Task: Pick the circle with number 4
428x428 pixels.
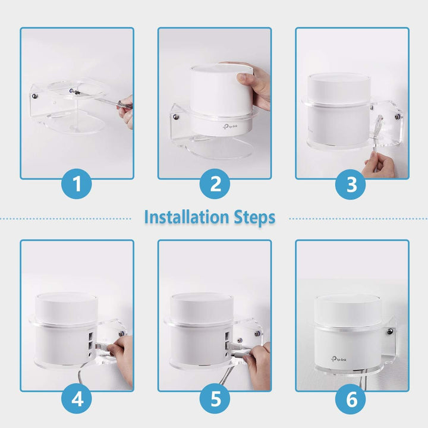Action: point(77,399)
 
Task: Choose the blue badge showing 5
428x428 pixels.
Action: point(215,399)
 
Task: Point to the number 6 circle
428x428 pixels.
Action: point(352,399)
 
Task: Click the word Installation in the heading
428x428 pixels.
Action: point(185,217)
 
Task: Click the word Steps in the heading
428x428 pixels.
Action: point(255,217)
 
